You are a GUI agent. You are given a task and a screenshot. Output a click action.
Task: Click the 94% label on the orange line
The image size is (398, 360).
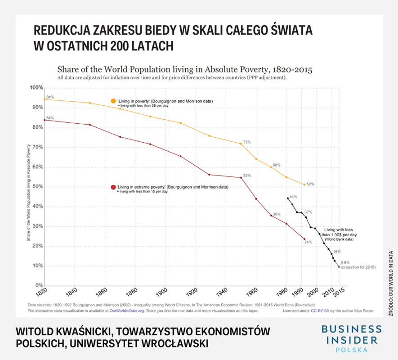click(50, 97)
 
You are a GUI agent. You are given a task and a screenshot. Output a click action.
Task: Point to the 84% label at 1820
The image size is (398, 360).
click(50, 118)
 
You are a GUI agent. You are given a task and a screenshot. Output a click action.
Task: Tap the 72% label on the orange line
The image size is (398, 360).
click(246, 142)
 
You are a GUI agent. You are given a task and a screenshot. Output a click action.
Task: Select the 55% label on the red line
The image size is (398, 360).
click(246, 175)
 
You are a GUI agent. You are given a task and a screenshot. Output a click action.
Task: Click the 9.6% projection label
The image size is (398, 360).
click(345, 262)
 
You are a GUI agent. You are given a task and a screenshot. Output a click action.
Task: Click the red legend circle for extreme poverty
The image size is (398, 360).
click(113, 187)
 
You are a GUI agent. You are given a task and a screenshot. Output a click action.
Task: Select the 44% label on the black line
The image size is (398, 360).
click(294, 197)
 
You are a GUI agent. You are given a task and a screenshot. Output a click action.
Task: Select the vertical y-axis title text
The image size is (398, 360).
click(28, 193)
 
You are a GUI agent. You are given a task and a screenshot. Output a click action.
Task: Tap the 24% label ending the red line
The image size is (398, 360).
click(309, 242)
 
